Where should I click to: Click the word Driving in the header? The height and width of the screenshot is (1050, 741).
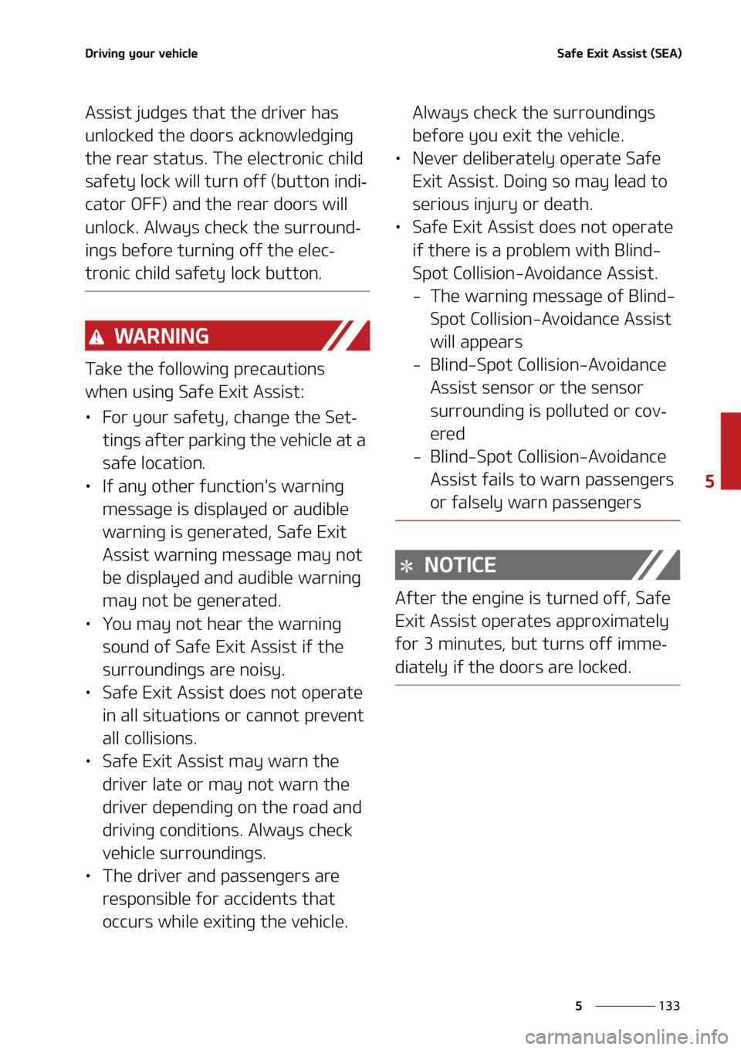click(x=105, y=53)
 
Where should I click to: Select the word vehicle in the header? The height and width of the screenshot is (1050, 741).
click(x=178, y=53)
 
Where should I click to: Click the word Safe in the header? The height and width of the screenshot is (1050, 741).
click(x=570, y=53)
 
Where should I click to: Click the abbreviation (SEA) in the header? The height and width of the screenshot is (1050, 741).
click(x=666, y=53)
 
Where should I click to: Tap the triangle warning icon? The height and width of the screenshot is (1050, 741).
click(x=96, y=337)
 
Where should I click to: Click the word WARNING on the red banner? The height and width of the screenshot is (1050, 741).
click(x=161, y=336)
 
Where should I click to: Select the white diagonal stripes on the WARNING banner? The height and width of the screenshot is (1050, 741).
click(x=345, y=336)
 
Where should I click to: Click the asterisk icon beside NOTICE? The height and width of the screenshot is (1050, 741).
click(x=407, y=566)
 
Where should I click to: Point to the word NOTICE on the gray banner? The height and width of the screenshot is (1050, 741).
click(x=460, y=565)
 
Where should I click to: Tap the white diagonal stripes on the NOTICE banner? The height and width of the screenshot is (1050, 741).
click(x=655, y=564)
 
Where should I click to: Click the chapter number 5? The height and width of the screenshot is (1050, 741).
click(x=709, y=481)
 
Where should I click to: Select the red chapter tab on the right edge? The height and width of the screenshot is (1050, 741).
click(x=730, y=450)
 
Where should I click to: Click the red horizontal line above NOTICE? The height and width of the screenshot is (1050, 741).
click(x=537, y=521)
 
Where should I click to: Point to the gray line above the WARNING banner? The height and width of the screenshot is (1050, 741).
click(x=227, y=291)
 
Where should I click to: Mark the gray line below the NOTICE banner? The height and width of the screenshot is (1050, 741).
click(x=537, y=685)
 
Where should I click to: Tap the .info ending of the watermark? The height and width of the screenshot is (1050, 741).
click(x=709, y=1035)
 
